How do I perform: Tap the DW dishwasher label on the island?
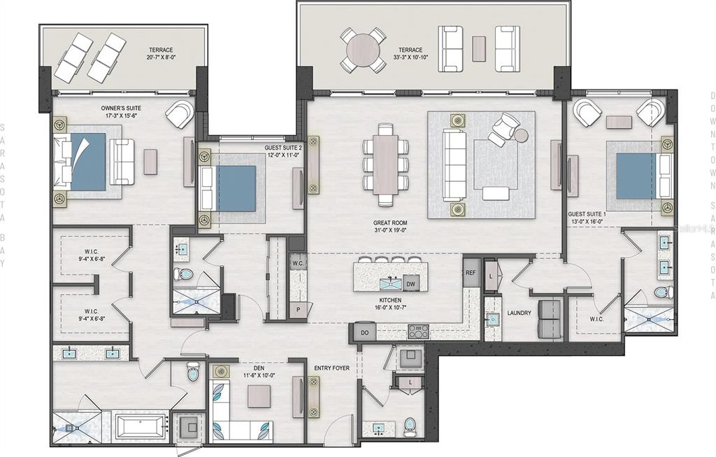tap(411, 283)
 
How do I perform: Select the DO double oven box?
tap(364, 332)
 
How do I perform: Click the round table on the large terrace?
tap(363, 50)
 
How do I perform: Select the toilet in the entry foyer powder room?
tap(410, 426)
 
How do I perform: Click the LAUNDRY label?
tap(520, 313)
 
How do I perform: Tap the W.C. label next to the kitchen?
tap(298, 263)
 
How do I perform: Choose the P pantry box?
tap(299, 307)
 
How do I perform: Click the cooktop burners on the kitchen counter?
tap(419, 331)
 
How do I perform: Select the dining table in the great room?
tap(385, 165)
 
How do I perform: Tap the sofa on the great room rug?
tap(455, 165)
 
